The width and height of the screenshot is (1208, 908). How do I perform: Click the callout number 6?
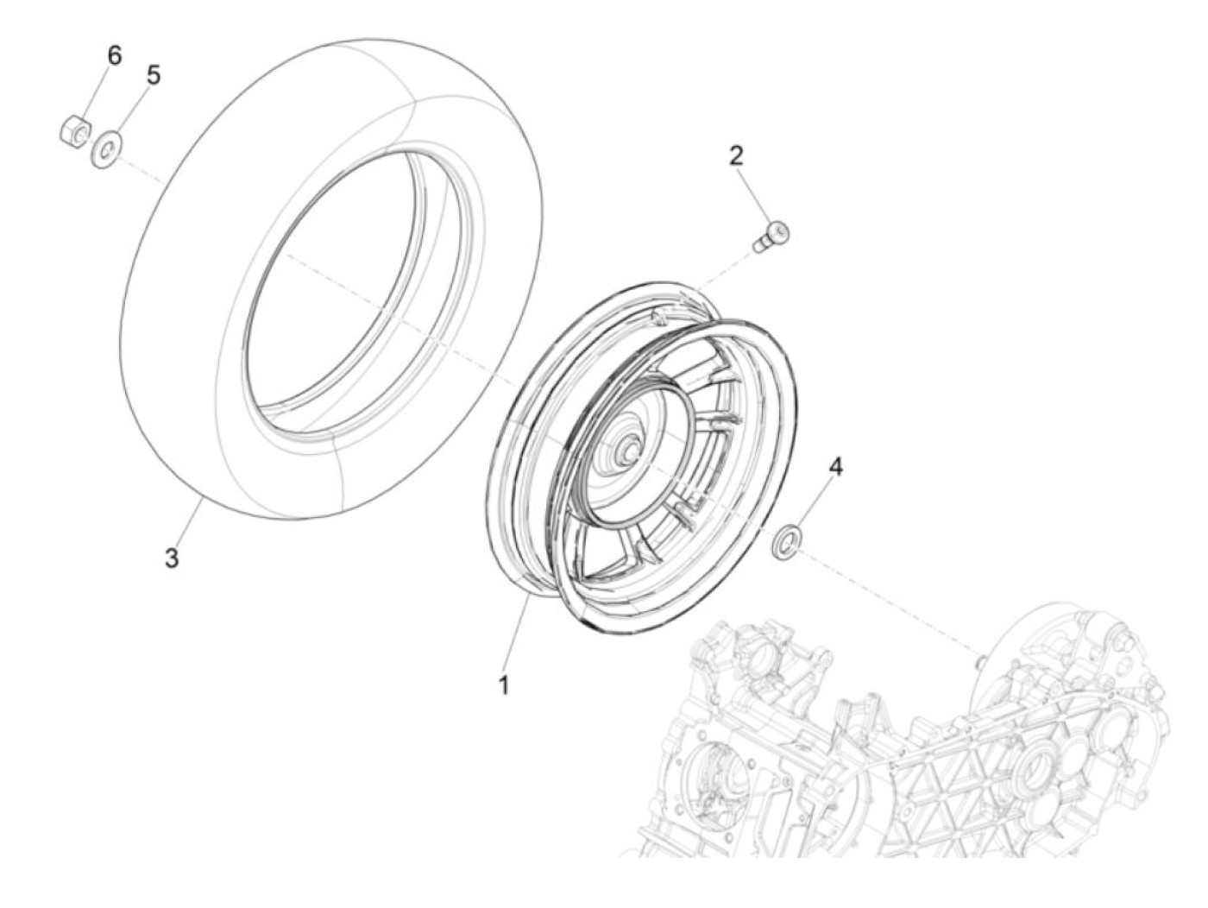point(114,55)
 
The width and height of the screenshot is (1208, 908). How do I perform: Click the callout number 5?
point(153,75)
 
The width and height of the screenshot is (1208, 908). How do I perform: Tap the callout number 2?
point(735,156)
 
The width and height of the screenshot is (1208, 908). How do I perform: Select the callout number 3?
point(173,558)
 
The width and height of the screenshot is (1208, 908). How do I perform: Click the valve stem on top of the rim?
point(660,316)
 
